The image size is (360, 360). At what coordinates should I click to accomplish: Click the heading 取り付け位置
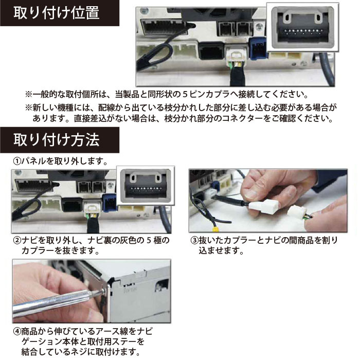[57, 13]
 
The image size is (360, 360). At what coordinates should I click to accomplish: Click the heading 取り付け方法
[57, 140]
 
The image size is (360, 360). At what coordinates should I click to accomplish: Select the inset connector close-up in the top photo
[302, 27]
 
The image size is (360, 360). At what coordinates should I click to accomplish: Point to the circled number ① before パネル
[17, 161]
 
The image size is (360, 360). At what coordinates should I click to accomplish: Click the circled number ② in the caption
[17, 241]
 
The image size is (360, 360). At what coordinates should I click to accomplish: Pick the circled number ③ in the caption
[194, 241]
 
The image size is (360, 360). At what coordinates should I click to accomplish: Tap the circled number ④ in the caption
[17, 332]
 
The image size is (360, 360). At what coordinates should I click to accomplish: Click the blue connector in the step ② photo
[110, 203]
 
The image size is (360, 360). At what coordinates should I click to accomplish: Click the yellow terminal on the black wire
[215, 229]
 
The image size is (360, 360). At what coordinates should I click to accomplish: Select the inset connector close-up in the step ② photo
[146, 186]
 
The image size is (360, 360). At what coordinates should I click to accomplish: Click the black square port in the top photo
[211, 51]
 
